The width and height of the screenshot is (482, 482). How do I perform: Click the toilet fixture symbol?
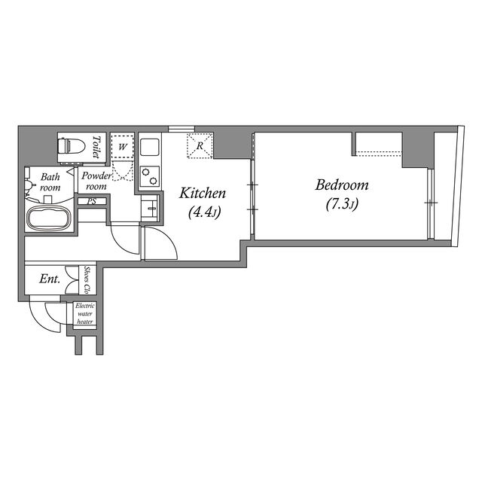71,146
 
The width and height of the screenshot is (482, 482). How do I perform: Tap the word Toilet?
96,147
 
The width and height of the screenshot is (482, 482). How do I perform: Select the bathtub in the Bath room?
50,218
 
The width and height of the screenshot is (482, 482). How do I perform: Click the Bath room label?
50,182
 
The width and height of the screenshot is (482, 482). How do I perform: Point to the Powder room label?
96,181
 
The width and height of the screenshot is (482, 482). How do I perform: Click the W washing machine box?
122,147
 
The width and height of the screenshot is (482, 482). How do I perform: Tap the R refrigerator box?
200,145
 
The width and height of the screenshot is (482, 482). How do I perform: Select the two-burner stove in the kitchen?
150,176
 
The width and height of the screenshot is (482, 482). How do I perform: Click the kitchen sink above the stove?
150,148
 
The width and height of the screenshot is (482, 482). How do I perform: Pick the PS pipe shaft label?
92,202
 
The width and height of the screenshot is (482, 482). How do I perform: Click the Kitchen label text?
203,193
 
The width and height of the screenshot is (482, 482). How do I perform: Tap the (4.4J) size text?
204,212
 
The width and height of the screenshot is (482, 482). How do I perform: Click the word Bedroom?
341,185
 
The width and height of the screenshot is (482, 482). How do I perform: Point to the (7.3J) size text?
342,204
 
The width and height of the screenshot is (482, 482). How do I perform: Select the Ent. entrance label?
50,279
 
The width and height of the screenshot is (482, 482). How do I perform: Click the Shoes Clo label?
87,280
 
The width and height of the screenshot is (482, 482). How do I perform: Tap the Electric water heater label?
85,313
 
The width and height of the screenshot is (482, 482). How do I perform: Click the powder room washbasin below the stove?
150,208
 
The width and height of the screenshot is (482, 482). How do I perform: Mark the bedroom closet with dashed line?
379,144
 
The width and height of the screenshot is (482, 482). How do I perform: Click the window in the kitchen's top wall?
182,129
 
